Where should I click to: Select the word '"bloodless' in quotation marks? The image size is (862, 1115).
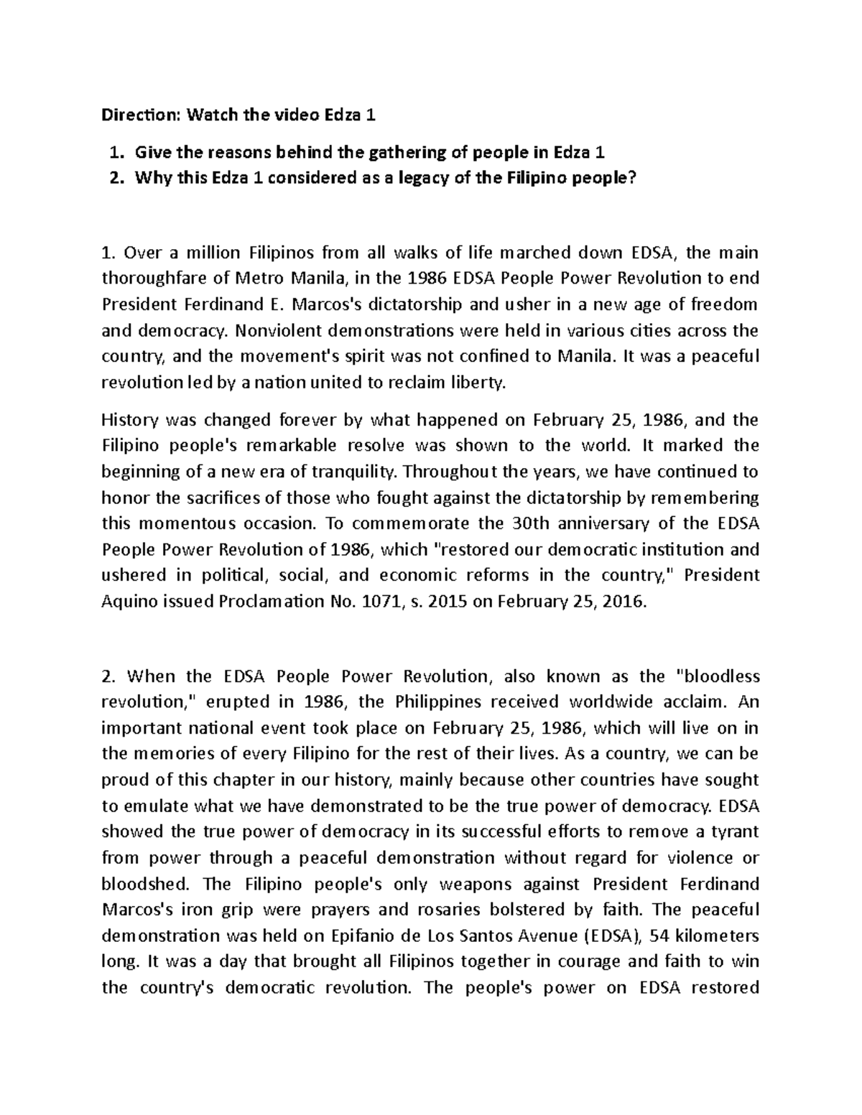(718, 676)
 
